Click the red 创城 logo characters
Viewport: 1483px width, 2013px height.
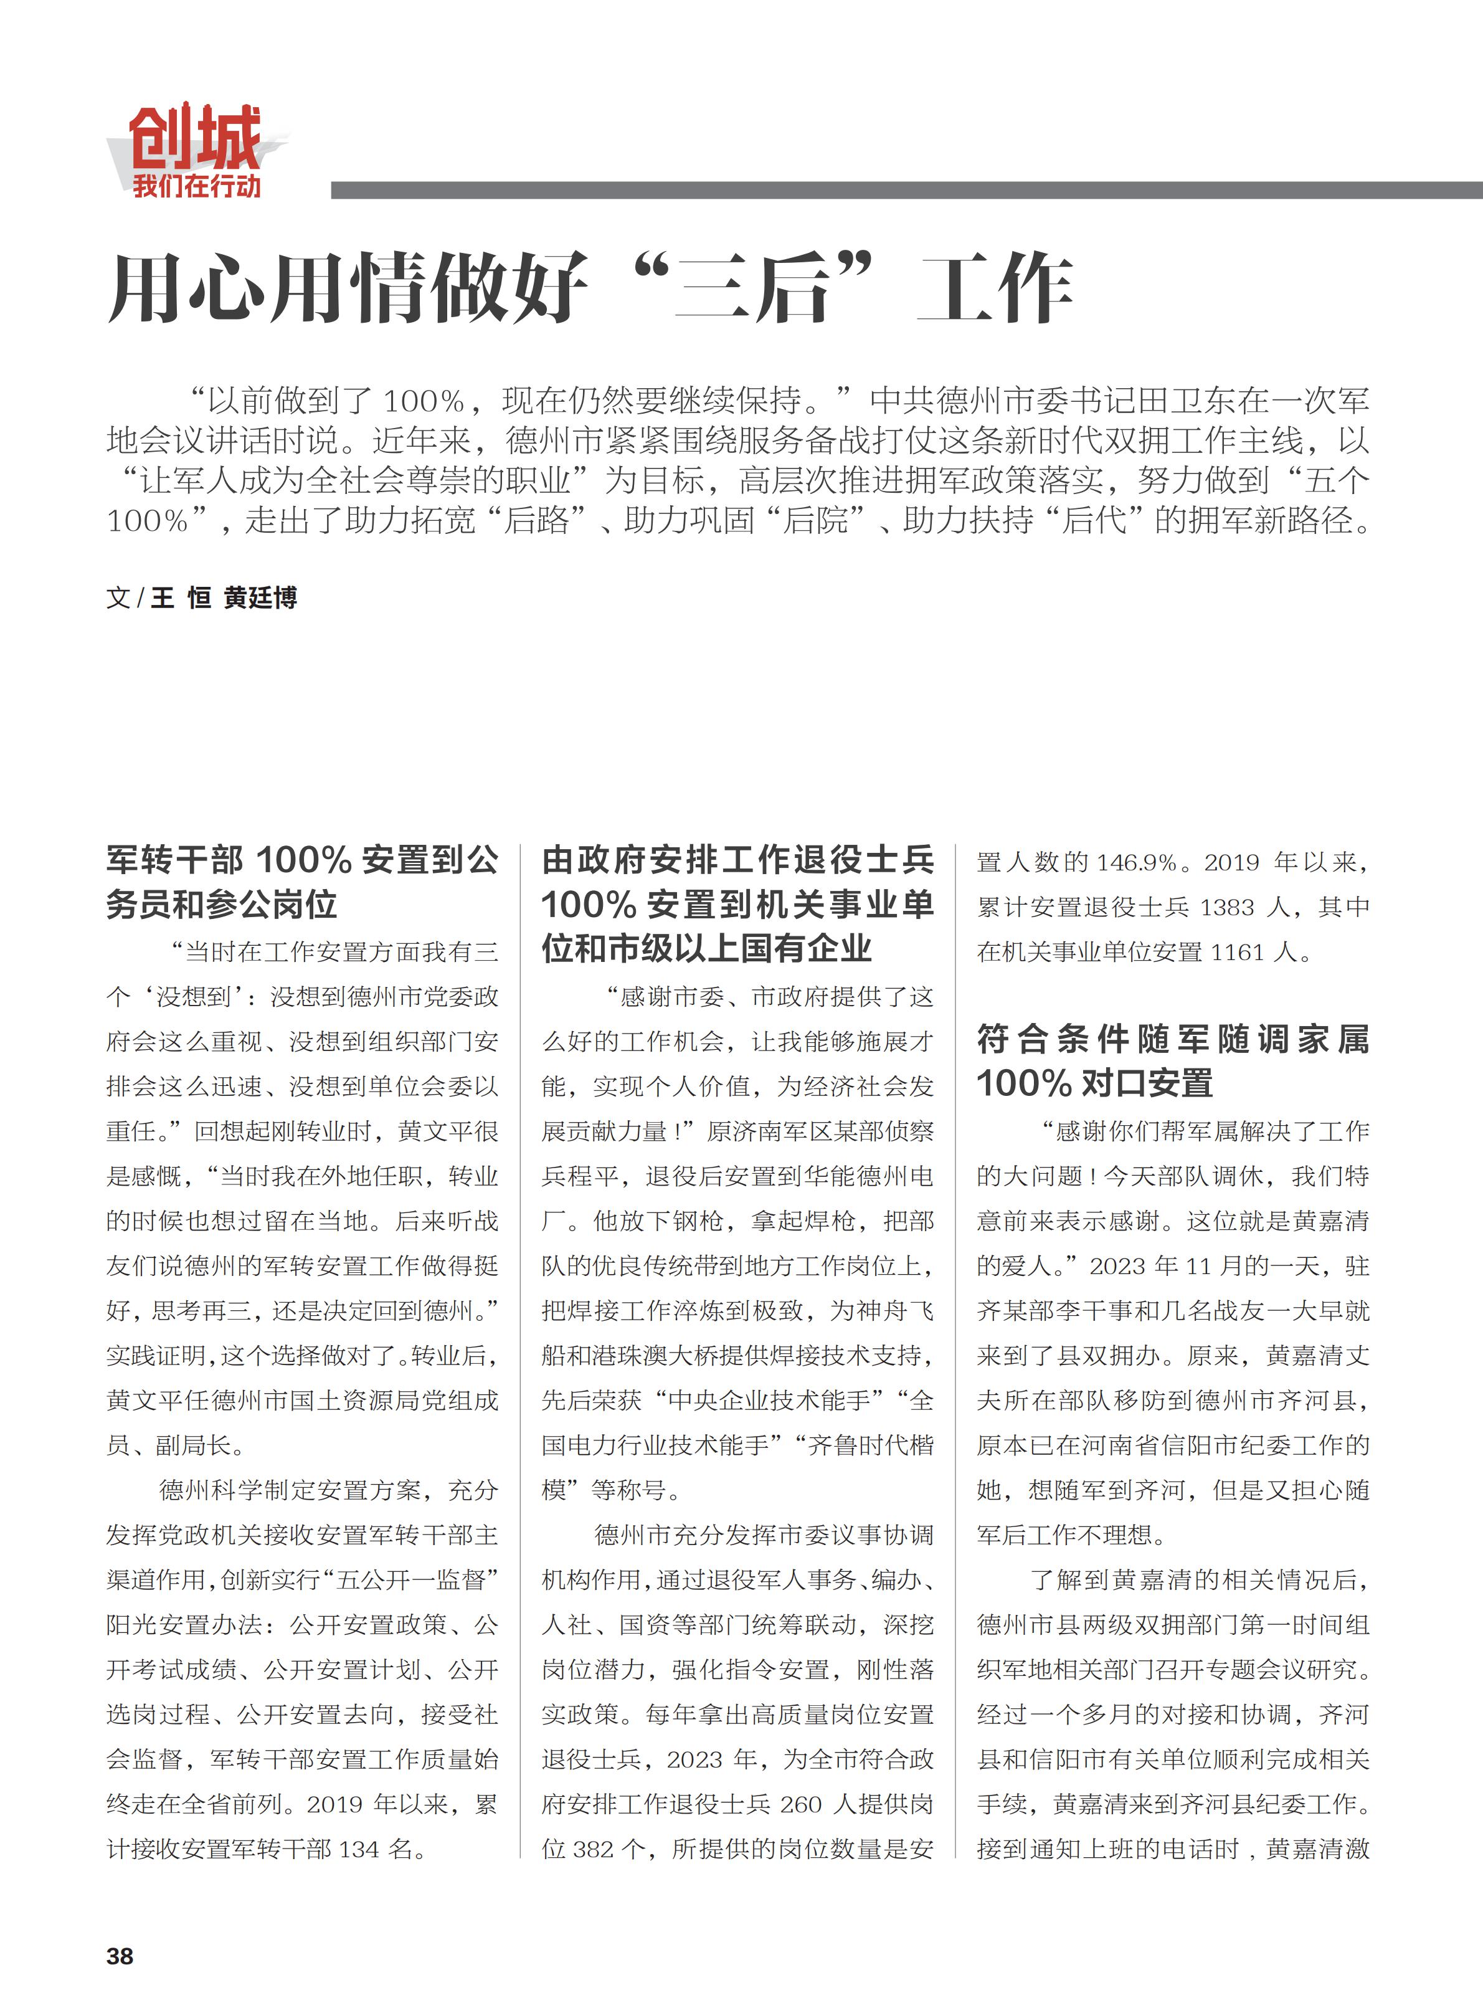click(x=195, y=136)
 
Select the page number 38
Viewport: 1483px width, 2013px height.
click(x=120, y=1956)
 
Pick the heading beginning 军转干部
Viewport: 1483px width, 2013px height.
click(x=301, y=882)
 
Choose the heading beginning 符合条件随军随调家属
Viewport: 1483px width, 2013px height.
click(x=1172, y=1060)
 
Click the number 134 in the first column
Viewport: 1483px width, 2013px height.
click(x=359, y=1850)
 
